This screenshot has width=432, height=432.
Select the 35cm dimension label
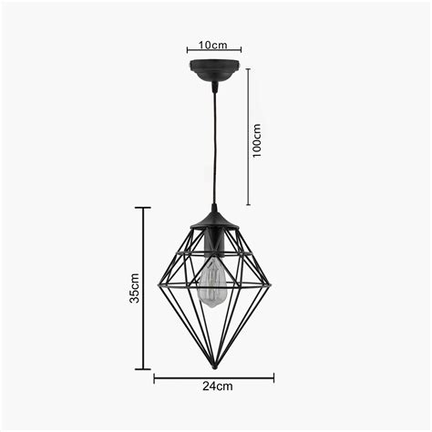[134, 288]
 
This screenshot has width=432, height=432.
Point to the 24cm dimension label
[216, 386]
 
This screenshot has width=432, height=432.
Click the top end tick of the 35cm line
[143, 208]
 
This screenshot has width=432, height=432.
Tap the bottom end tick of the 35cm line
[143, 369]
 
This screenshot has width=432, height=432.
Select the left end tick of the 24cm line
[154, 375]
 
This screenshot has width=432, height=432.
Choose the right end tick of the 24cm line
[273, 375]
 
